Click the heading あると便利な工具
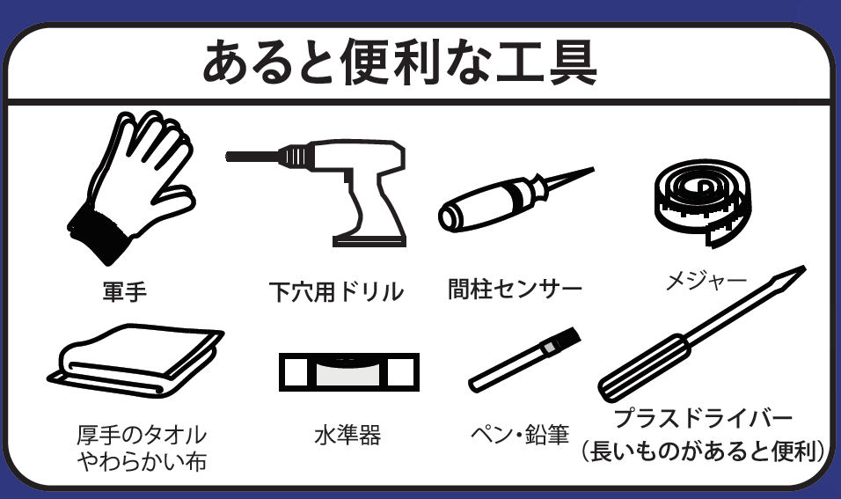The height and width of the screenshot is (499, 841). pyautogui.click(x=399, y=62)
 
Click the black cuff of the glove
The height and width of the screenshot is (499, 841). pyautogui.click(x=99, y=233)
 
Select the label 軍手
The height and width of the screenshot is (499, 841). pyautogui.click(x=124, y=291)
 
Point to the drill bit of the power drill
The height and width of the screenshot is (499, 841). pyautogui.click(x=252, y=157)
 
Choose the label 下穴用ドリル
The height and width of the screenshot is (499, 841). pyautogui.click(x=336, y=292)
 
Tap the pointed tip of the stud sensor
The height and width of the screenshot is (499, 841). pyautogui.click(x=593, y=170)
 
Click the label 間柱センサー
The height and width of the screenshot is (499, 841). pyautogui.click(x=515, y=289)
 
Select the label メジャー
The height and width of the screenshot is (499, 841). pyautogui.click(x=706, y=280)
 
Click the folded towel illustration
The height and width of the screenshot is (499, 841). pyautogui.click(x=136, y=361)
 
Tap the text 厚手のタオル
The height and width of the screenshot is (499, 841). pyautogui.click(x=142, y=435)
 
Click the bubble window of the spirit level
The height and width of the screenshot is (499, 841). pyautogui.click(x=348, y=372)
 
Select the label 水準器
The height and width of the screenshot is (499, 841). pyautogui.click(x=347, y=435)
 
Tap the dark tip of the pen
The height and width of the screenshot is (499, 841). pyautogui.click(x=567, y=338)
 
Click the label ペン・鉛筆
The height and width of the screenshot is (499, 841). pyautogui.click(x=520, y=435)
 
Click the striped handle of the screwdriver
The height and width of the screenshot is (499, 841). pyautogui.click(x=644, y=367)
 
